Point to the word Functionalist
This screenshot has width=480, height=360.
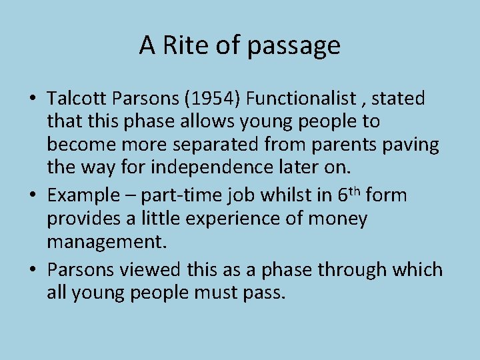(301, 99)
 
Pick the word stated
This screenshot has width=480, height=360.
(398, 99)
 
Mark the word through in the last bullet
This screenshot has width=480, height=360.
(350, 270)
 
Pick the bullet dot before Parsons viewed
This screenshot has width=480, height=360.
(32, 271)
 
